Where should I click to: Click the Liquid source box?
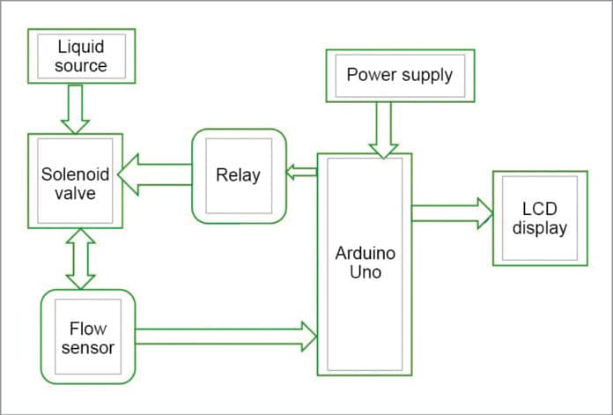point(81,56)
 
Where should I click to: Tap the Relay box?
point(239,175)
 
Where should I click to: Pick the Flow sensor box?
point(88,337)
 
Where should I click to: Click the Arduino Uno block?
point(365,264)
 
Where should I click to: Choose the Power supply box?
point(399,74)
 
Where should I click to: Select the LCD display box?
point(539,218)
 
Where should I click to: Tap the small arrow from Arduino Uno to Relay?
point(303,172)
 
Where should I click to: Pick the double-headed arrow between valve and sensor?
point(80,257)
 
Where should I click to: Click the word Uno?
point(365,272)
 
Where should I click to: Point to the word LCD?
point(539,209)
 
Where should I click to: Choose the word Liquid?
point(81,47)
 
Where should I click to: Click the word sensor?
point(89,347)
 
